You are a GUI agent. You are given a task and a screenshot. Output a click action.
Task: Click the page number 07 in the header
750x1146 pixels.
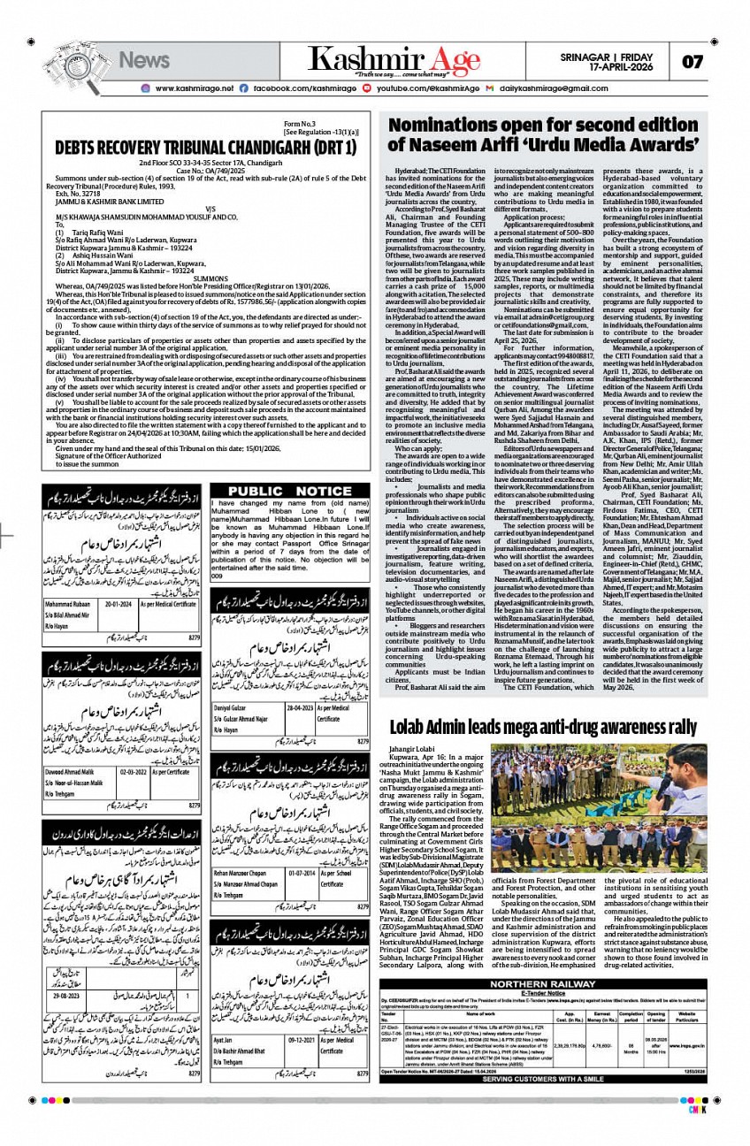693,61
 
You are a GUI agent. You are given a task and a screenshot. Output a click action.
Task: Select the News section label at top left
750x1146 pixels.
144,60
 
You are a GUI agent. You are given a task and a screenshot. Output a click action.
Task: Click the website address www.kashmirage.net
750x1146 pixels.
194,88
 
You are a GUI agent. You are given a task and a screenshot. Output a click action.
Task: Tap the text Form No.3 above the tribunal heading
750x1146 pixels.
299,124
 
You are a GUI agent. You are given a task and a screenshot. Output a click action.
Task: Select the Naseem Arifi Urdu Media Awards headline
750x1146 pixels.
544,134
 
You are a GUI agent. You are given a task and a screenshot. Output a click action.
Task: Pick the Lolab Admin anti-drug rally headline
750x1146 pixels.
544,728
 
